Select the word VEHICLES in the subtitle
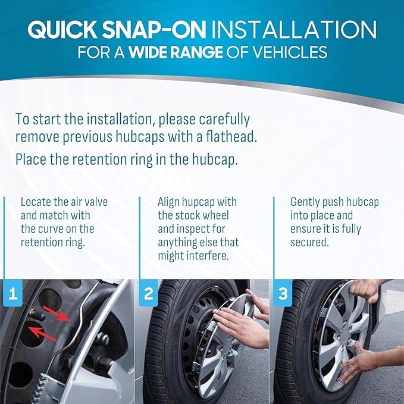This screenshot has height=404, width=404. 289,52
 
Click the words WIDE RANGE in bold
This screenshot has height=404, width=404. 176,52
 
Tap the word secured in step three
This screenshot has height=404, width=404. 309,242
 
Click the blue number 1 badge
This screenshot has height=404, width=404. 13,293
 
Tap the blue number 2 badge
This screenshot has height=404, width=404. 148,293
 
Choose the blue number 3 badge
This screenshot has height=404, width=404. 283,293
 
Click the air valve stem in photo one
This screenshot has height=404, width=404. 36,314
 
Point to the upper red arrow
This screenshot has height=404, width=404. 56,314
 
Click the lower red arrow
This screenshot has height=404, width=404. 42,334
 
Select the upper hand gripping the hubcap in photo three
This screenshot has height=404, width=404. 366,290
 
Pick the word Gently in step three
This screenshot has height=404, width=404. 303,202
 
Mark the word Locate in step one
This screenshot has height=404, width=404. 36,202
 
